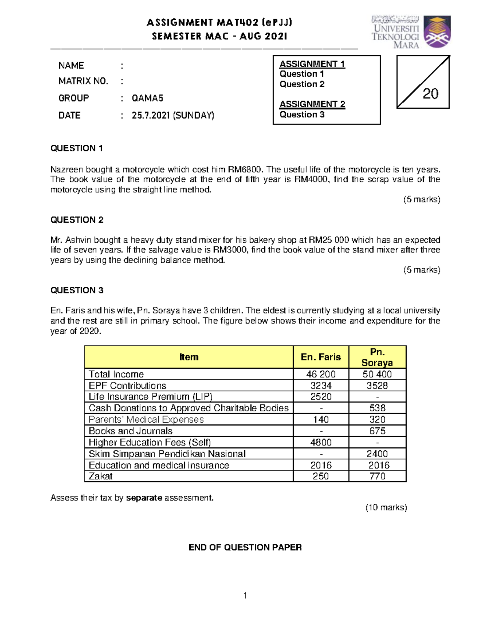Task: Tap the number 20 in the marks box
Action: (x=430, y=94)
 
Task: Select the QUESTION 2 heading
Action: (x=77, y=220)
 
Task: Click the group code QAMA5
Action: (x=147, y=98)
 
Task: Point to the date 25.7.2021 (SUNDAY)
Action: (x=173, y=116)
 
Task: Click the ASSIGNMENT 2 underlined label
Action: (x=312, y=104)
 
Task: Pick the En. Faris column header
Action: (x=321, y=357)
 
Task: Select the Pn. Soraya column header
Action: (x=377, y=357)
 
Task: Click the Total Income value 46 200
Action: (x=321, y=374)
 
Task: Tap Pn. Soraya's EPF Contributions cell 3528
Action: (x=377, y=385)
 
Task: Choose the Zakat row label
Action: (x=101, y=476)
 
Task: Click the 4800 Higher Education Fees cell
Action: (x=321, y=442)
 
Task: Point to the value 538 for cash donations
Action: (x=377, y=408)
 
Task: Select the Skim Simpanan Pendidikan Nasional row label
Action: (x=167, y=454)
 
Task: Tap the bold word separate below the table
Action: (x=144, y=498)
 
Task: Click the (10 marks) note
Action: (x=386, y=507)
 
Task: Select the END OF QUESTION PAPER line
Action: (x=245, y=548)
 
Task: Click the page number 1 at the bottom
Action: (x=245, y=596)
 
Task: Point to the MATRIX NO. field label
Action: (x=83, y=81)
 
